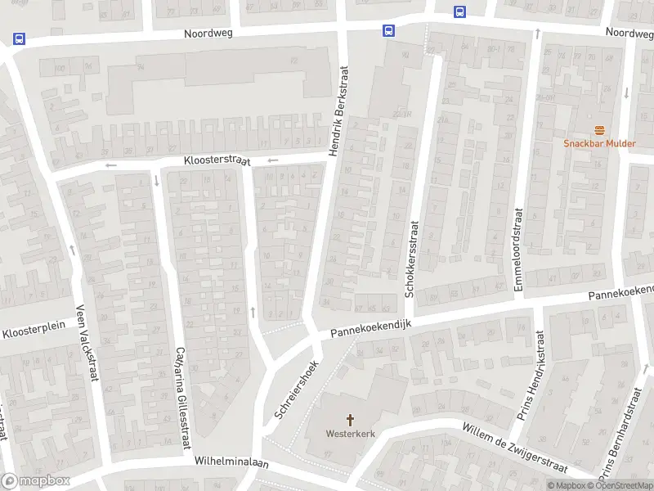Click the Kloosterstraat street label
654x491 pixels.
click(217, 161)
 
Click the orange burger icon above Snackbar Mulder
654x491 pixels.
click(600, 130)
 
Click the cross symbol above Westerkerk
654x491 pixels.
click(350, 421)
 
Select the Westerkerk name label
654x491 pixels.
click(350, 434)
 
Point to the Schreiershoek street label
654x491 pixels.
click(296, 391)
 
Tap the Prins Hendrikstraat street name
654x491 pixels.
click(530, 376)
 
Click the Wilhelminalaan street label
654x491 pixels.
click(231, 462)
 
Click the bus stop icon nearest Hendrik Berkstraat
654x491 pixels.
click(387, 30)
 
